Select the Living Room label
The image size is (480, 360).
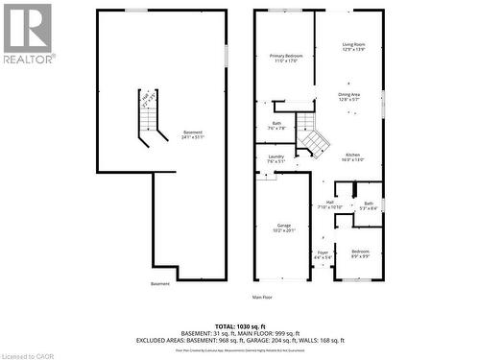(x=353, y=47)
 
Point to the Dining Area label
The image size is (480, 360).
(x=349, y=96)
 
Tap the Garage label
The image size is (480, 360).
(x=283, y=228)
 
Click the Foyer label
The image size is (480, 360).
(x=322, y=255)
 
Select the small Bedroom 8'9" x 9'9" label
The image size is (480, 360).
(x=360, y=253)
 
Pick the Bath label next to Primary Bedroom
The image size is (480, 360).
(x=276, y=125)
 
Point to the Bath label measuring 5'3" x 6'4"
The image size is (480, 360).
(x=369, y=205)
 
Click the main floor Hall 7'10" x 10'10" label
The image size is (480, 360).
(x=329, y=204)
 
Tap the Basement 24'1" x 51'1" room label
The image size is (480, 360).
(x=192, y=134)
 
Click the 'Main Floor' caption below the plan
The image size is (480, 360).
(x=263, y=297)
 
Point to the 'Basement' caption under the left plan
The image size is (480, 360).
(x=159, y=283)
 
